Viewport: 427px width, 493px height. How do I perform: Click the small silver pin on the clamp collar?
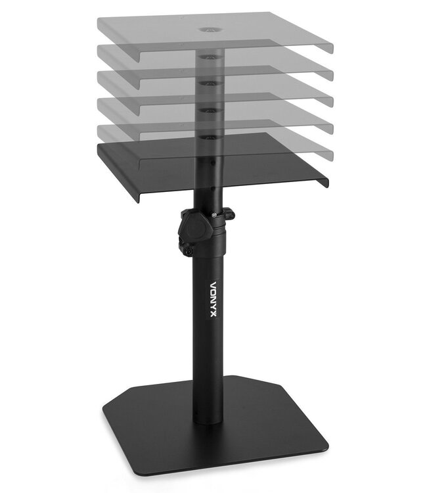tap(215, 213)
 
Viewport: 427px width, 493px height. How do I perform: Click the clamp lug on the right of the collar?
tap(229, 214)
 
